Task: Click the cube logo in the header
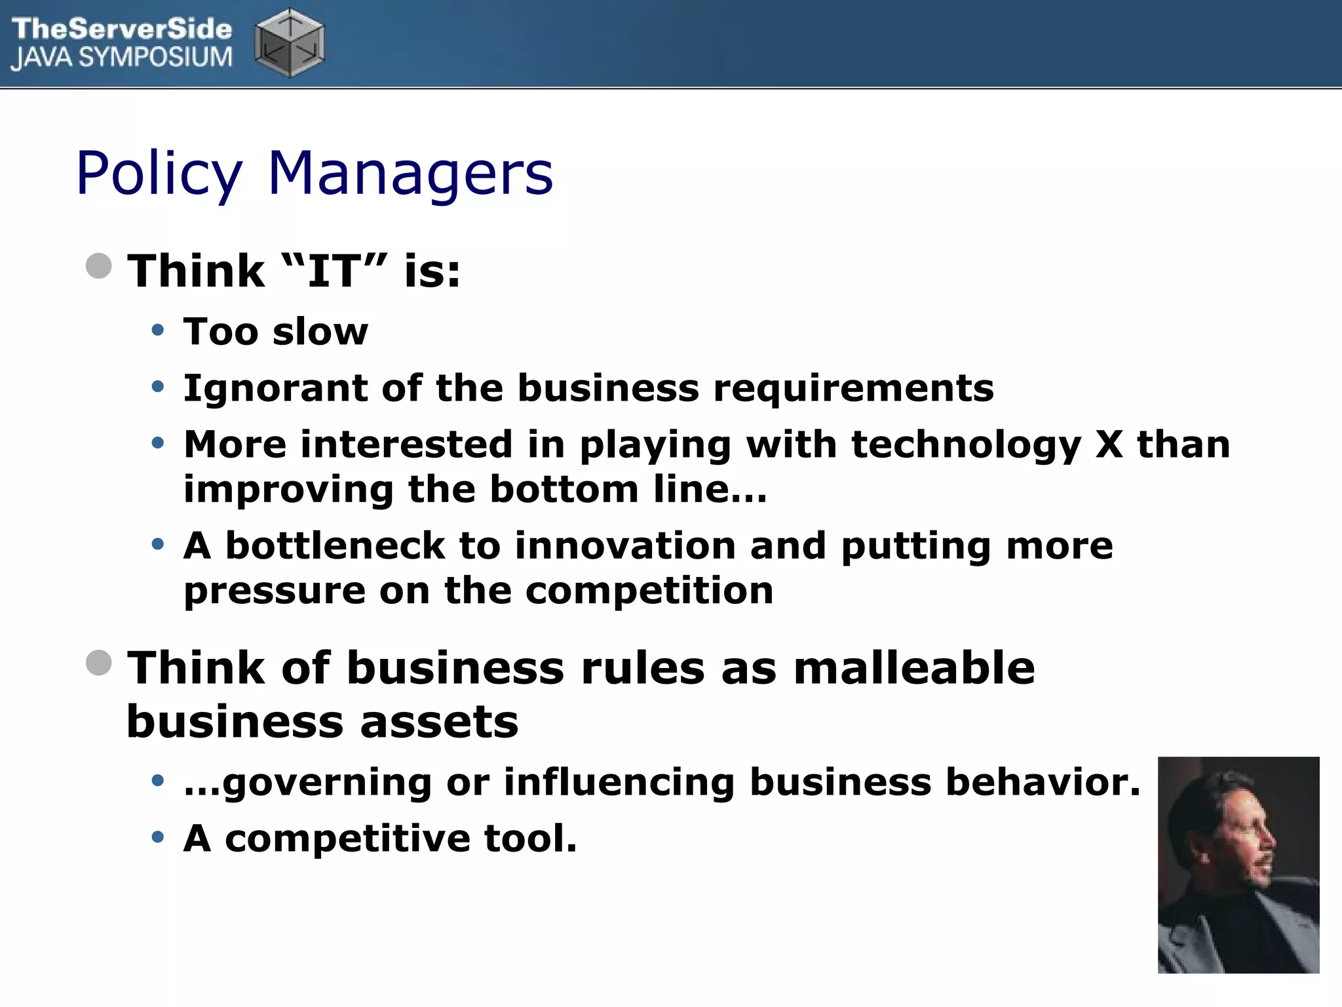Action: (289, 43)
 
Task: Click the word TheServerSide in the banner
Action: (122, 29)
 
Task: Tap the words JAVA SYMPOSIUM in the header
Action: (122, 58)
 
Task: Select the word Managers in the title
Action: (411, 174)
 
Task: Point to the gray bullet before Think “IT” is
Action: (99, 266)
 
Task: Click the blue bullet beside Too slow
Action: (157, 330)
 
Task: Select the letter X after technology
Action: (1109, 444)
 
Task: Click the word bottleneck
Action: (335, 545)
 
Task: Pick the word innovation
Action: (625, 545)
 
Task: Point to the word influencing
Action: (619, 781)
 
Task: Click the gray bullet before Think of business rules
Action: (99, 662)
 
